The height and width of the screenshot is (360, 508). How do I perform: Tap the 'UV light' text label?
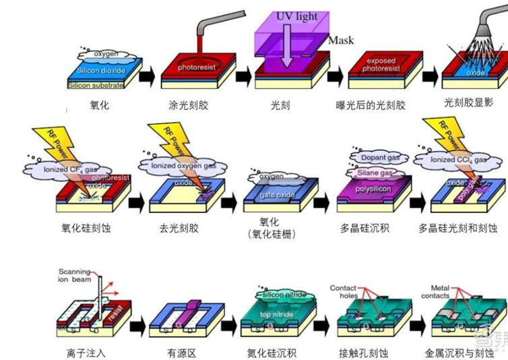pos(296,16)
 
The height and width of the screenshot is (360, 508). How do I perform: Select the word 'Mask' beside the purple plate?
pos(341,40)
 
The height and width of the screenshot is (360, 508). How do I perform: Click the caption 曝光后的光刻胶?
pos(371,106)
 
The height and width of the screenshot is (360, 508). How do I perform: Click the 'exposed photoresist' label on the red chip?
pos(381,65)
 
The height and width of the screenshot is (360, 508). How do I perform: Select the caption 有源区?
pos(181,352)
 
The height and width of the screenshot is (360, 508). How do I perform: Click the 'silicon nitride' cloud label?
pos(284,295)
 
